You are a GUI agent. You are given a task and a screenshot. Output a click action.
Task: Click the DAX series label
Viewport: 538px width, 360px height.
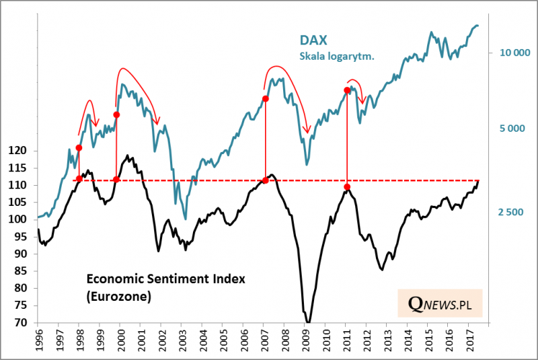(x=315, y=41)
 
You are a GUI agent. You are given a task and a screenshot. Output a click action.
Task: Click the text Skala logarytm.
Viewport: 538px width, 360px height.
(x=337, y=57)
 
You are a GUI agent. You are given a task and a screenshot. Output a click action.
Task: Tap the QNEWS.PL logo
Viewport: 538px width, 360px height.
(x=440, y=305)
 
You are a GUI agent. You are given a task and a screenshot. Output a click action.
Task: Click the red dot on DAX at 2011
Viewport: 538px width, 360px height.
(x=347, y=90)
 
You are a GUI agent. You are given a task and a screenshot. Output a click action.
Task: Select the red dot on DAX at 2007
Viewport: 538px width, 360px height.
(x=265, y=99)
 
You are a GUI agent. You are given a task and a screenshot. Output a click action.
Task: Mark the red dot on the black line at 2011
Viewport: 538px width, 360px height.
(x=347, y=187)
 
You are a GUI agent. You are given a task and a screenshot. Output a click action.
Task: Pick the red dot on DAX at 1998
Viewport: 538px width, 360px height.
(x=79, y=148)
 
